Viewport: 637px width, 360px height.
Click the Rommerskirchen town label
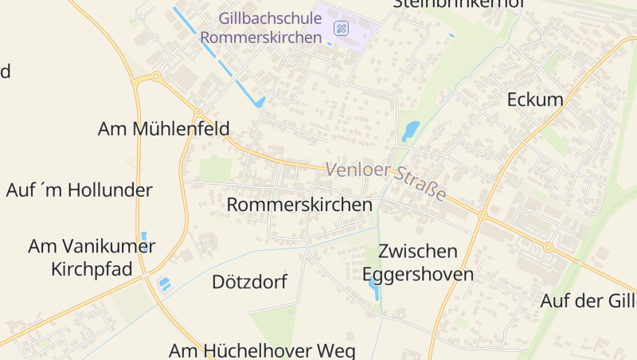pos(299,205)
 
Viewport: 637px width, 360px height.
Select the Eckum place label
pos(535,100)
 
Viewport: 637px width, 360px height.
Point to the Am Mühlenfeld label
pos(163,128)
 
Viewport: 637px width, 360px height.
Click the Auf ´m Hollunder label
pos(79,190)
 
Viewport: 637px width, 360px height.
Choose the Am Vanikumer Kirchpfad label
pos(92,257)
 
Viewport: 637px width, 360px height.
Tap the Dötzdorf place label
pos(249,282)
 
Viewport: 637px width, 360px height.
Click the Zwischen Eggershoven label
pos(418,263)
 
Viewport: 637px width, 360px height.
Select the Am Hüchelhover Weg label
pos(262,350)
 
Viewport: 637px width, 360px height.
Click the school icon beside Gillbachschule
pos(341,28)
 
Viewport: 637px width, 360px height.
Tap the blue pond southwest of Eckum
pos(410,131)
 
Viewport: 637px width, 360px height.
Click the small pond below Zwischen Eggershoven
pos(373,291)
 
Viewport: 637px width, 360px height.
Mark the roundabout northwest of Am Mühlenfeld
pos(155,77)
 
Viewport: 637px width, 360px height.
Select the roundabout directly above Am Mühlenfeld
pos(197,114)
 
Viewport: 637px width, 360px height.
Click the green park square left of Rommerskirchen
pos(214,169)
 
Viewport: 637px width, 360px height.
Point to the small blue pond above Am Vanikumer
pos(143,236)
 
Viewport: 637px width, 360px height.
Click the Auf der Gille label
pos(588,301)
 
